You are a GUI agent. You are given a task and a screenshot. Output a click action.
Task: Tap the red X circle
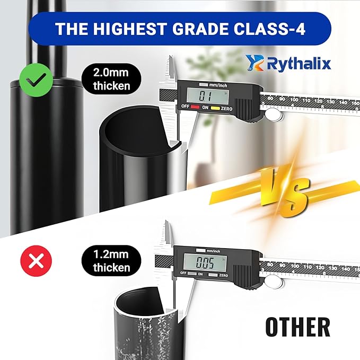coord(36,261)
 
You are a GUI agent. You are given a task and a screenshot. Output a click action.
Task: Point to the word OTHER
coord(297,327)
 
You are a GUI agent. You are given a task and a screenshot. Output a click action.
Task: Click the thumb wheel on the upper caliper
coord(273,113)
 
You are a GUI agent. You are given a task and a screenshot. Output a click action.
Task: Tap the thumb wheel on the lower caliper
coord(273,280)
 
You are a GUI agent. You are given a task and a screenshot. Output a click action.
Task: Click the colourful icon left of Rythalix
coord(254,63)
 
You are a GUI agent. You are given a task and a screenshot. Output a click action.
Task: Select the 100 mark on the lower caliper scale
coord(295,266)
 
